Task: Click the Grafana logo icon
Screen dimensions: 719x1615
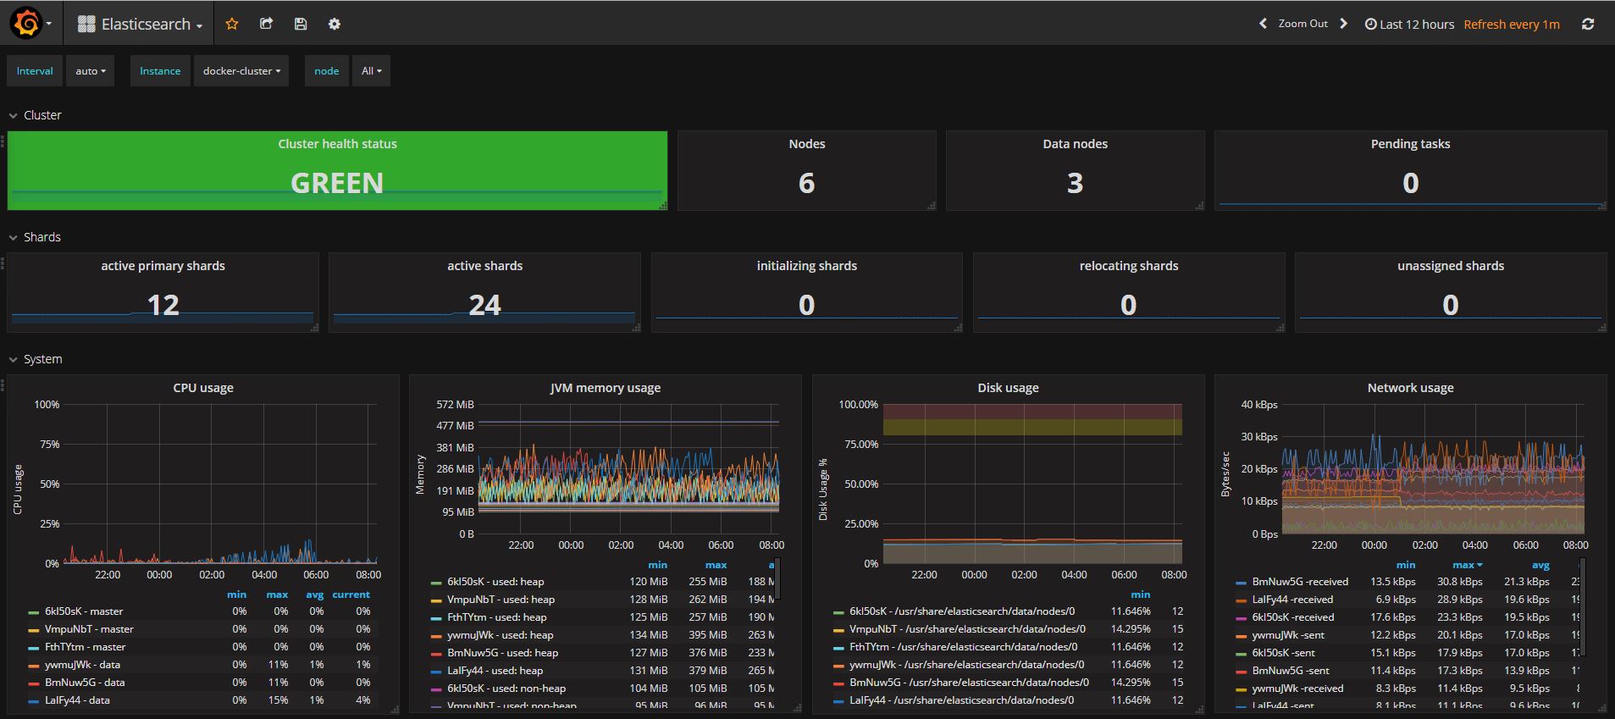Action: [x=26, y=24]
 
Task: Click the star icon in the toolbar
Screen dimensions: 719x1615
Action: [x=232, y=24]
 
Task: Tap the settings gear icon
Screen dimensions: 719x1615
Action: [x=335, y=24]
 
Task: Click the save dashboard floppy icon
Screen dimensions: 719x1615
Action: [x=301, y=24]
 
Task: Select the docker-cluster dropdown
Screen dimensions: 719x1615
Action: [x=241, y=71]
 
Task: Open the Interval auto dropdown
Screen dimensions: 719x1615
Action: [x=91, y=71]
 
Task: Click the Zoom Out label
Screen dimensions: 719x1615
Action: [x=1303, y=24]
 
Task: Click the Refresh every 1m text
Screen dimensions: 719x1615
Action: [x=1511, y=25]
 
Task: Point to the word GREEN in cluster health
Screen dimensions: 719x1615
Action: [x=337, y=183]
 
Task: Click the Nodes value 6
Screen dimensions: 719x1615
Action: [x=806, y=183]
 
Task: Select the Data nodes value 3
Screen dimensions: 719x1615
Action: [x=1075, y=183]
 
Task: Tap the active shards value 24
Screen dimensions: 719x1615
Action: [x=484, y=305]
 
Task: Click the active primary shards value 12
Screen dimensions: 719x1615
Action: [x=163, y=305]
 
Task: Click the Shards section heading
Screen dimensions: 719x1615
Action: [x=42, y=237]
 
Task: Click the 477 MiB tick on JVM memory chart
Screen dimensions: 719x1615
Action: [x=456, y=426]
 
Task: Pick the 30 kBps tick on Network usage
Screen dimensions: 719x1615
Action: [x=1259, y=437]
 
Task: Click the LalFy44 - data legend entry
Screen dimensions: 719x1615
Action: [x=77, y=700]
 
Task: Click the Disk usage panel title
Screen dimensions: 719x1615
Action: [x=1008, y=388]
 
